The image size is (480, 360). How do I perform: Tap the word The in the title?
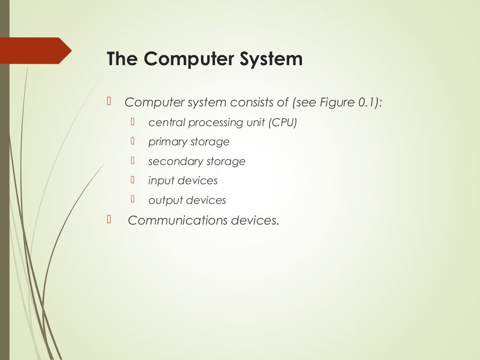click(122, 60)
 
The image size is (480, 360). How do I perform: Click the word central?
click(166, 122)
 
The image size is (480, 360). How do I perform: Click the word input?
click(159, 180)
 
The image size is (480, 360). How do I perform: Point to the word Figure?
click(337, 102)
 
